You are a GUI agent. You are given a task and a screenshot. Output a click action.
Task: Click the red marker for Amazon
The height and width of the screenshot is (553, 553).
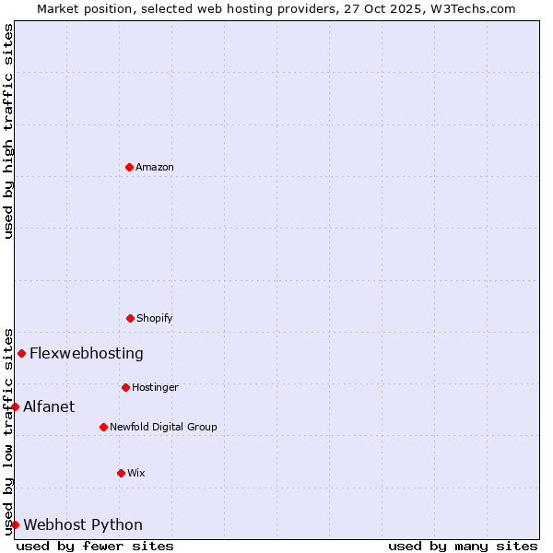129,167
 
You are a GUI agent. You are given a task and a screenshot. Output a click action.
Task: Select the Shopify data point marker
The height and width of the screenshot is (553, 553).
130,318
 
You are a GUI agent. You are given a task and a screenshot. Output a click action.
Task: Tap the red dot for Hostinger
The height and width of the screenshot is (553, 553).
125,387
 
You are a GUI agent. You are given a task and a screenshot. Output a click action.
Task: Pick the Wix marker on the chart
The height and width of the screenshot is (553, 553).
121,473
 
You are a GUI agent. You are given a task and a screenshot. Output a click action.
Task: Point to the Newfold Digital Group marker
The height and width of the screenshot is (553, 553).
103,427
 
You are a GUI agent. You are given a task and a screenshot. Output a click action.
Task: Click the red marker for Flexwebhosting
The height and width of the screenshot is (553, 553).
21,353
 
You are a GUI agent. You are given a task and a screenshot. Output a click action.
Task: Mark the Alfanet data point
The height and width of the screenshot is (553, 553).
15,406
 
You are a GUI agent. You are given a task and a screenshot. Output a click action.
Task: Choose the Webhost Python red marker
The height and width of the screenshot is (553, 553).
15,524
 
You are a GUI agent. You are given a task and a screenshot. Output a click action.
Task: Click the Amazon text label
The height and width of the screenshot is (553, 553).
155,167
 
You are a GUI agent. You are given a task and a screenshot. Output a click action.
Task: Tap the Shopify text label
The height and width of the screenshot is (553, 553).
155,318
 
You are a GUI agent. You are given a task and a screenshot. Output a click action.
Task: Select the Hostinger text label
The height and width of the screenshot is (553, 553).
155,387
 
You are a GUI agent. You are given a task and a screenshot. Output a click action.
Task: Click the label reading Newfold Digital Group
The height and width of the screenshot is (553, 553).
163,427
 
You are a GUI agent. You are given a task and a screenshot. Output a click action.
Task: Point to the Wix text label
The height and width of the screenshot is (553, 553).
136,473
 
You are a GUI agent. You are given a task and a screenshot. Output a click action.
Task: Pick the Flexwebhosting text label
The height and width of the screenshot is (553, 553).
87,353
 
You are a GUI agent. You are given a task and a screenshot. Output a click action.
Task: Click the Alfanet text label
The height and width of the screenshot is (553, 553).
49,406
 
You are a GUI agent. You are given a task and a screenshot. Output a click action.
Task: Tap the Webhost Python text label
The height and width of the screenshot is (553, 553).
83,524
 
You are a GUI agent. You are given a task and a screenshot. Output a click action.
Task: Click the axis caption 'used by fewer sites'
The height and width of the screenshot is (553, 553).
95,546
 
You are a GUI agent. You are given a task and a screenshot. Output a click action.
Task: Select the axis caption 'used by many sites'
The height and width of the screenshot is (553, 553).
463,546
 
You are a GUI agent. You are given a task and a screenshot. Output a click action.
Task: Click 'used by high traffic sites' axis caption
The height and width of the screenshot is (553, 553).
8,131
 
